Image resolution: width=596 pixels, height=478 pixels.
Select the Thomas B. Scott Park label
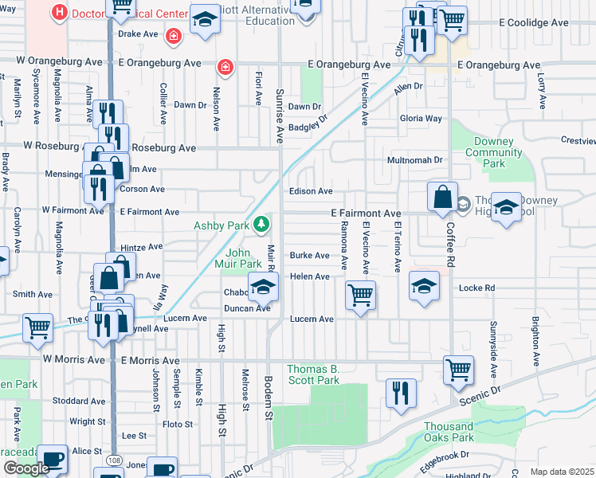pyautogui.click(x=313, y=374)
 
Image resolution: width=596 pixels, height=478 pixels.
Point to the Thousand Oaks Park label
pyautogui.click(x=448, y=431)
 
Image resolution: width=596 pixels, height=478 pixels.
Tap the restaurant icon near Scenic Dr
pyautogui.click(x=400, y=394)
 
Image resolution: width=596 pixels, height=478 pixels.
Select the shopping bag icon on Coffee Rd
pyautogui.click(x=442, y=197)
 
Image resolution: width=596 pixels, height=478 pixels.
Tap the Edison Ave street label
pyautogui.click(x=310, y=191)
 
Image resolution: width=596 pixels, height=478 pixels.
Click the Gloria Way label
pyautogui.click(x=422, y=119)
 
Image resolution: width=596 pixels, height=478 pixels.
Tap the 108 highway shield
pyautogui.click(x=113, y=462)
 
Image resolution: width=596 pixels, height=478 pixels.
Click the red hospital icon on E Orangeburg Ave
pyautogui.click(x=226, y=65)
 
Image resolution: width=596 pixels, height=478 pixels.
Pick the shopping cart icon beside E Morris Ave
pyautogui.click(x=459, y=370)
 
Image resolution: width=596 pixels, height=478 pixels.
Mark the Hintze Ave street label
pyautogui.click(x=141, y=248)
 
